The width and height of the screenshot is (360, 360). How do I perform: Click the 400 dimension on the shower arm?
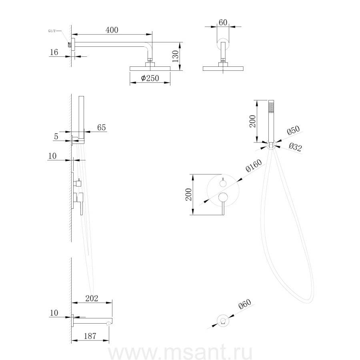[112, 30]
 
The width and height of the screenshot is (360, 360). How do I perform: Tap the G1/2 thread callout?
[52, 31]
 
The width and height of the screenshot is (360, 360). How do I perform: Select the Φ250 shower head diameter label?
[150, 78]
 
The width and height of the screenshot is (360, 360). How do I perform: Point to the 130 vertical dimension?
[175, 56]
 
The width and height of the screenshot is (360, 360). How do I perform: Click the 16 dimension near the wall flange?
[54, 52]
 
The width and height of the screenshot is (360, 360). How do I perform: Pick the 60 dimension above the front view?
[223, 22]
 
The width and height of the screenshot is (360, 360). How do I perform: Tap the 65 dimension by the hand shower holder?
[102, 127]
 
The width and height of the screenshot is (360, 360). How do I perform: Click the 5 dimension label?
[56, 137]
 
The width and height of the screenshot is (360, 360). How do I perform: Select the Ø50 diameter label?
[293, 130]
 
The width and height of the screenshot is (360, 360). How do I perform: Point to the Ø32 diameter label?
[295, 147]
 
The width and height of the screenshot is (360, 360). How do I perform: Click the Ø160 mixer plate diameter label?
[254, 166]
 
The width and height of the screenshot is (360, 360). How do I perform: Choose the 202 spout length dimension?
[92, 298]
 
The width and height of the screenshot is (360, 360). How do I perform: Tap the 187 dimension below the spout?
[90, 336]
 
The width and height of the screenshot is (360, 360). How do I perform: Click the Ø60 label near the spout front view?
[245, 304]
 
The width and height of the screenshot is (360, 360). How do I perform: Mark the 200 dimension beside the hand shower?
[252, 121]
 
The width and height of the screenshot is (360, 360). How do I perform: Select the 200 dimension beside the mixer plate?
[188, 194]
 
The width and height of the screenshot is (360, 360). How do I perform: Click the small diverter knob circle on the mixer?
[223, 183]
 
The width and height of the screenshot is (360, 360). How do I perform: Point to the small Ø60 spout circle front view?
[223, 320]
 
